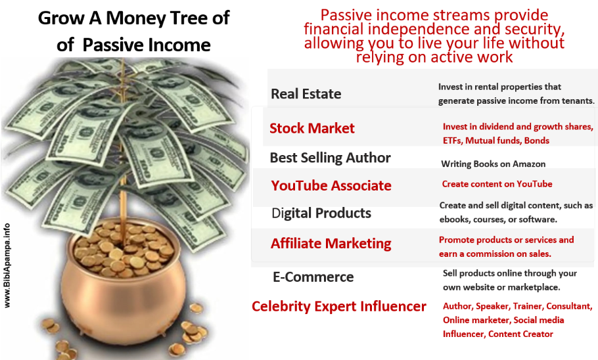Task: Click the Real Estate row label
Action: [306, 94]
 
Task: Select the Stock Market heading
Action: [312, 128]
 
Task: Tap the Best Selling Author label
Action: [331, 158]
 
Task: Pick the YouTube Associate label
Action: [331, 186]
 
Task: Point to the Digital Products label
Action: [321, 214]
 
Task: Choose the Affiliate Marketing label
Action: [331, 244]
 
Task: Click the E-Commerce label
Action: [313, 277]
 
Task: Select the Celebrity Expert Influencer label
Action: [339, 306]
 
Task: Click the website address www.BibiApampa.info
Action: [7, 265]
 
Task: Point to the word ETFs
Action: [453, 141]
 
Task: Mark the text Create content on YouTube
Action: [497, 184]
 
